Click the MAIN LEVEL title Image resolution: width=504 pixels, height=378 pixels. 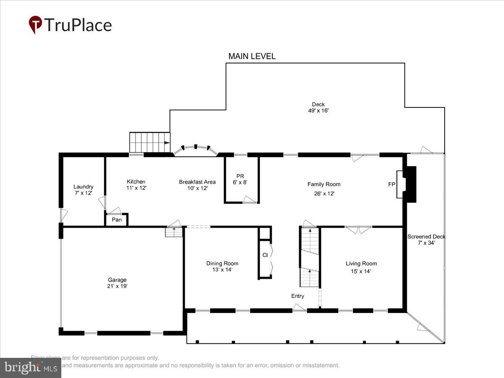coord(252,56)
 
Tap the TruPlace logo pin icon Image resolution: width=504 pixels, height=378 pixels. coord(35,25)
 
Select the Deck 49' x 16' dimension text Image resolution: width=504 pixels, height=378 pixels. coord(318,111)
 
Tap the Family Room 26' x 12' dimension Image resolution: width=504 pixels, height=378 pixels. coord(324,194)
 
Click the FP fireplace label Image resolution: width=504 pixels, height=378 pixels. coord(391,184)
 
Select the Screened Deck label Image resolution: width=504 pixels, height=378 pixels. coord(426,236)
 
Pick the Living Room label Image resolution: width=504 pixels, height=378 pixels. coord(361,263)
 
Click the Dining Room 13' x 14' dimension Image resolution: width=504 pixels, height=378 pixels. coord(222,270)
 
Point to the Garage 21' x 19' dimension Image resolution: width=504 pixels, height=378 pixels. coord(117,286)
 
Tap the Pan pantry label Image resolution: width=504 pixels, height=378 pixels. coord(117,220)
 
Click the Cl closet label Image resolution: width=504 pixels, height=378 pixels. coord(265,255)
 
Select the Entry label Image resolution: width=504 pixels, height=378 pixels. coord(298,296)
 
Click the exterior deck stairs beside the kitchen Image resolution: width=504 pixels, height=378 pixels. coord(149,142)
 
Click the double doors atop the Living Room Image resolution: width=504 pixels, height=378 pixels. coord(358,229)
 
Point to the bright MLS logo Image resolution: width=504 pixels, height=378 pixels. coord(30,368)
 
